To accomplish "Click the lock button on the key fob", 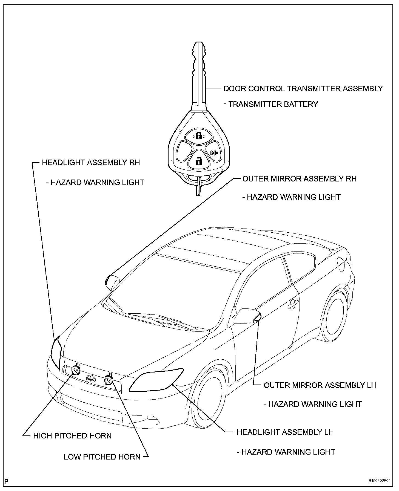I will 199,135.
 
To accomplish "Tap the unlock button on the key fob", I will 198,161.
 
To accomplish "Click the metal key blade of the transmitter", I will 199,74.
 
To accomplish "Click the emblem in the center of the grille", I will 90,379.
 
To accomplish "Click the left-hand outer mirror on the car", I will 246,316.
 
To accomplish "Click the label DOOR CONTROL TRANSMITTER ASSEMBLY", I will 303,89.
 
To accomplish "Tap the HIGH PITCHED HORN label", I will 72,436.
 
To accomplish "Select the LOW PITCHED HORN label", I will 102,457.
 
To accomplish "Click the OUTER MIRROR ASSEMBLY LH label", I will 320,385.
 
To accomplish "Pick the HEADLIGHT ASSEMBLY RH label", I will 91,162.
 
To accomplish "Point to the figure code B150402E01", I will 379,481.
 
